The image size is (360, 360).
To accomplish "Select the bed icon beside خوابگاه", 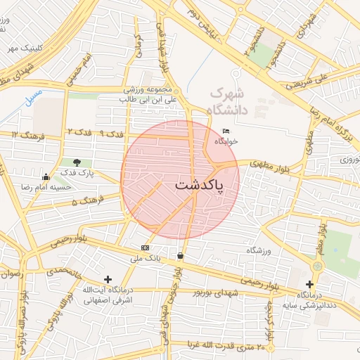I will click(225, 131).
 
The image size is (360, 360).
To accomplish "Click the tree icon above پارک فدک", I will click(76, 162).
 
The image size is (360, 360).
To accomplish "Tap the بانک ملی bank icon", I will click(146, 247).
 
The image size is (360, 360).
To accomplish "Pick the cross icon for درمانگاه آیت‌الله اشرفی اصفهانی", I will click(108, 279).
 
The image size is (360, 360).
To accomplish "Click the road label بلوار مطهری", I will click(266, 164).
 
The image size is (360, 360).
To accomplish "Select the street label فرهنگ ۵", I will click(87, 201).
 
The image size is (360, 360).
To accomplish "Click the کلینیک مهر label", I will click(21, 49).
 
